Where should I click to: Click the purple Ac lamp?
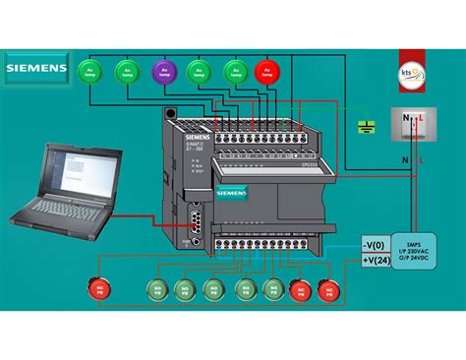(162, 71)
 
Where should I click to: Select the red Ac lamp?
(265, 71)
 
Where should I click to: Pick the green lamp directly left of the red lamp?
(234, 71)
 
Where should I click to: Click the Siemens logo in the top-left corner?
(36, 69)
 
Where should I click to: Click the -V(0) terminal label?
(375, 244)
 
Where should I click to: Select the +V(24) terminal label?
(375, 260)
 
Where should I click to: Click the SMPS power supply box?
(421, 252)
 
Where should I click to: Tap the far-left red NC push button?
(99, 289)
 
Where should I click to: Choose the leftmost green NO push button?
(155, 289)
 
